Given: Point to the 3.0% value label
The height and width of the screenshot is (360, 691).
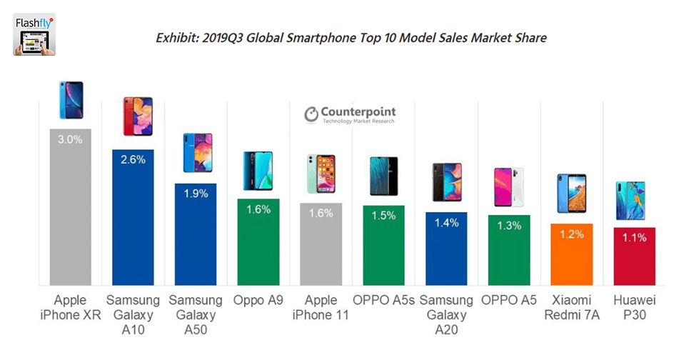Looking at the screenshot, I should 70,140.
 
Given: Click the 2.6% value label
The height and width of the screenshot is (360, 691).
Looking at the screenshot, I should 133,160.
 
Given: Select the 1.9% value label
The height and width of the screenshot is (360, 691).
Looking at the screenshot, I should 196,194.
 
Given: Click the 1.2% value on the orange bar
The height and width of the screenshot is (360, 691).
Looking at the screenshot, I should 572,234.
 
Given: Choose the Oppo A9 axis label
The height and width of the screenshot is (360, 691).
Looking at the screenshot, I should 258,299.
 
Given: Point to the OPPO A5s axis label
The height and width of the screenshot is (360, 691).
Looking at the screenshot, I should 383,299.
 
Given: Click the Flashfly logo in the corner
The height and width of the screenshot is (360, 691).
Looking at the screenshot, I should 34,34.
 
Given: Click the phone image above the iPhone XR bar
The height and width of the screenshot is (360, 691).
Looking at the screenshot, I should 71,101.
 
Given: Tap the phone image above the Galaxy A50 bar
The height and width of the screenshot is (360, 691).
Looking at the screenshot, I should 196,152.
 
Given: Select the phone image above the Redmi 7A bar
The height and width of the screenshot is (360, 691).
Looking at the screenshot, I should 572,193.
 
